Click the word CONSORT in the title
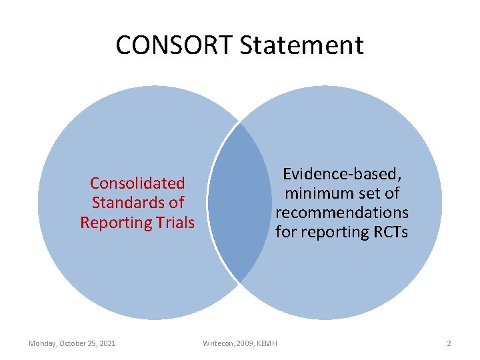(x=174, y=45)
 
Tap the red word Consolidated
(x=137, y=183)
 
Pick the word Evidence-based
(x=342, y=174)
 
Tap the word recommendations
(x=342, y=213)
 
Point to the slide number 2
(x=449, y=343)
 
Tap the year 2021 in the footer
(x=106, y=343)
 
